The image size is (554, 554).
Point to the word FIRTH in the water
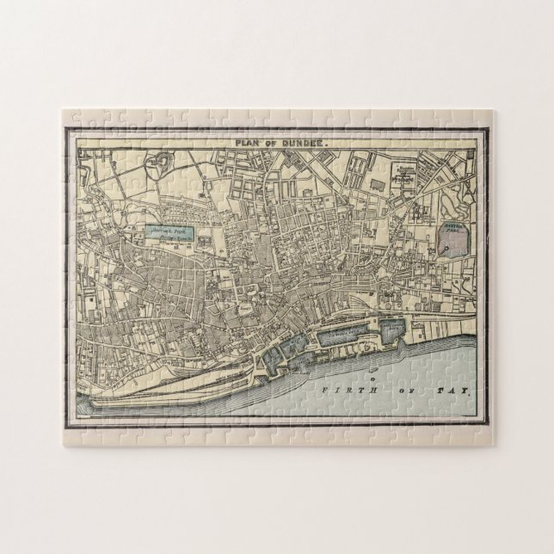pos(336,391)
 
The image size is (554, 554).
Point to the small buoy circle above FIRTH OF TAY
pos(372,377)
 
